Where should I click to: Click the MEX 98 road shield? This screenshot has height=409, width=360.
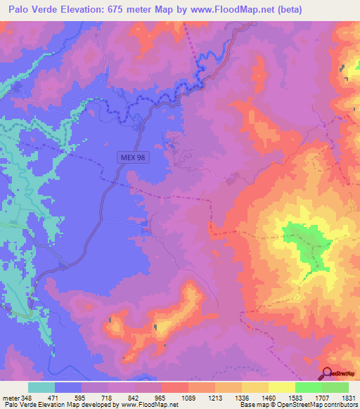[x=131, y=158]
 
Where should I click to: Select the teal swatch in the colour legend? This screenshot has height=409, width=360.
[x=41, y=387]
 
